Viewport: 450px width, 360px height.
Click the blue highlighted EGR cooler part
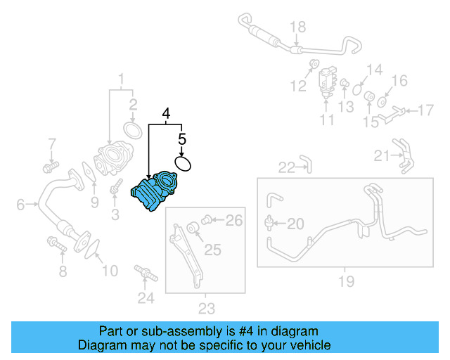156,192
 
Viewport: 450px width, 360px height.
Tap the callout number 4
166,113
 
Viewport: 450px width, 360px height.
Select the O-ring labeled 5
183,164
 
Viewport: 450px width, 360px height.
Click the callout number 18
298,27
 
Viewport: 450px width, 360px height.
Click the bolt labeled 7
50,167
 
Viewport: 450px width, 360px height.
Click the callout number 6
20,205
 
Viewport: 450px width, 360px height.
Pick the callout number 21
382,155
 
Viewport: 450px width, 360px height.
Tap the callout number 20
296,224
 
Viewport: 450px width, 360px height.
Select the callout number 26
233,221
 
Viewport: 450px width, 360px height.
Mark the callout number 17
427,110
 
